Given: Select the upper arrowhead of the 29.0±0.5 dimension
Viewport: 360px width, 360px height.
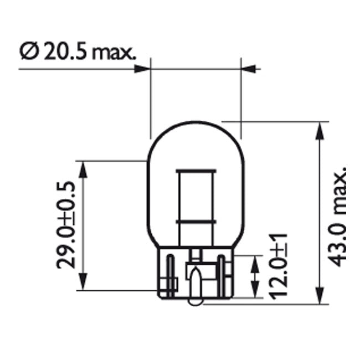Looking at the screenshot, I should point(83,170).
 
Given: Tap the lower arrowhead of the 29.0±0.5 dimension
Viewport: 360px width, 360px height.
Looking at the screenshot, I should point(83,281).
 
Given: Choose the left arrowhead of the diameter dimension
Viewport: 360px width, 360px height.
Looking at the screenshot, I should point(143,69).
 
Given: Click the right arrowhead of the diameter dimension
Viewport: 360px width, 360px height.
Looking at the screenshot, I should point(249,69).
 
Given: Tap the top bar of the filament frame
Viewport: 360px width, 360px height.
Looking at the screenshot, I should point(195,169).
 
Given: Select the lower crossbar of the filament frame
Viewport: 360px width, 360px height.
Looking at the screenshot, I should point(195,221).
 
